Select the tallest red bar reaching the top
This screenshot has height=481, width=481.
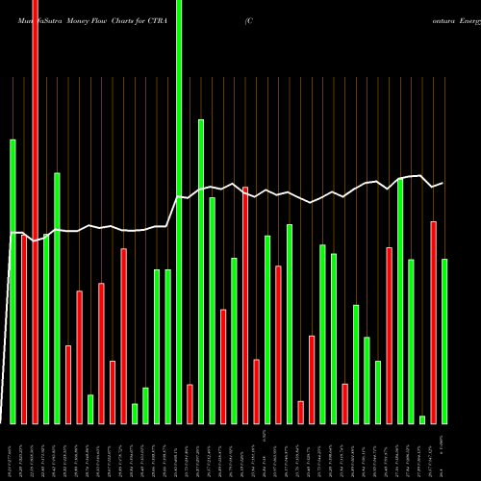(36, 212)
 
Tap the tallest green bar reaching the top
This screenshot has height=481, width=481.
(179, 212)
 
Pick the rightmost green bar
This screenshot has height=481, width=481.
(444, 341)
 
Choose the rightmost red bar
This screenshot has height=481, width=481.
(434, 322)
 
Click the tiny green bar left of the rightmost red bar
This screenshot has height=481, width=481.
(422, 418)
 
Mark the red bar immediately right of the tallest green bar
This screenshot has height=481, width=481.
(190, 404)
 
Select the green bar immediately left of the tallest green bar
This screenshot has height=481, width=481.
(168, 346)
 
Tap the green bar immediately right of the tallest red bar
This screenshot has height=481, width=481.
(46, 328)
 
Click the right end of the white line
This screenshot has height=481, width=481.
(443, 182)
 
